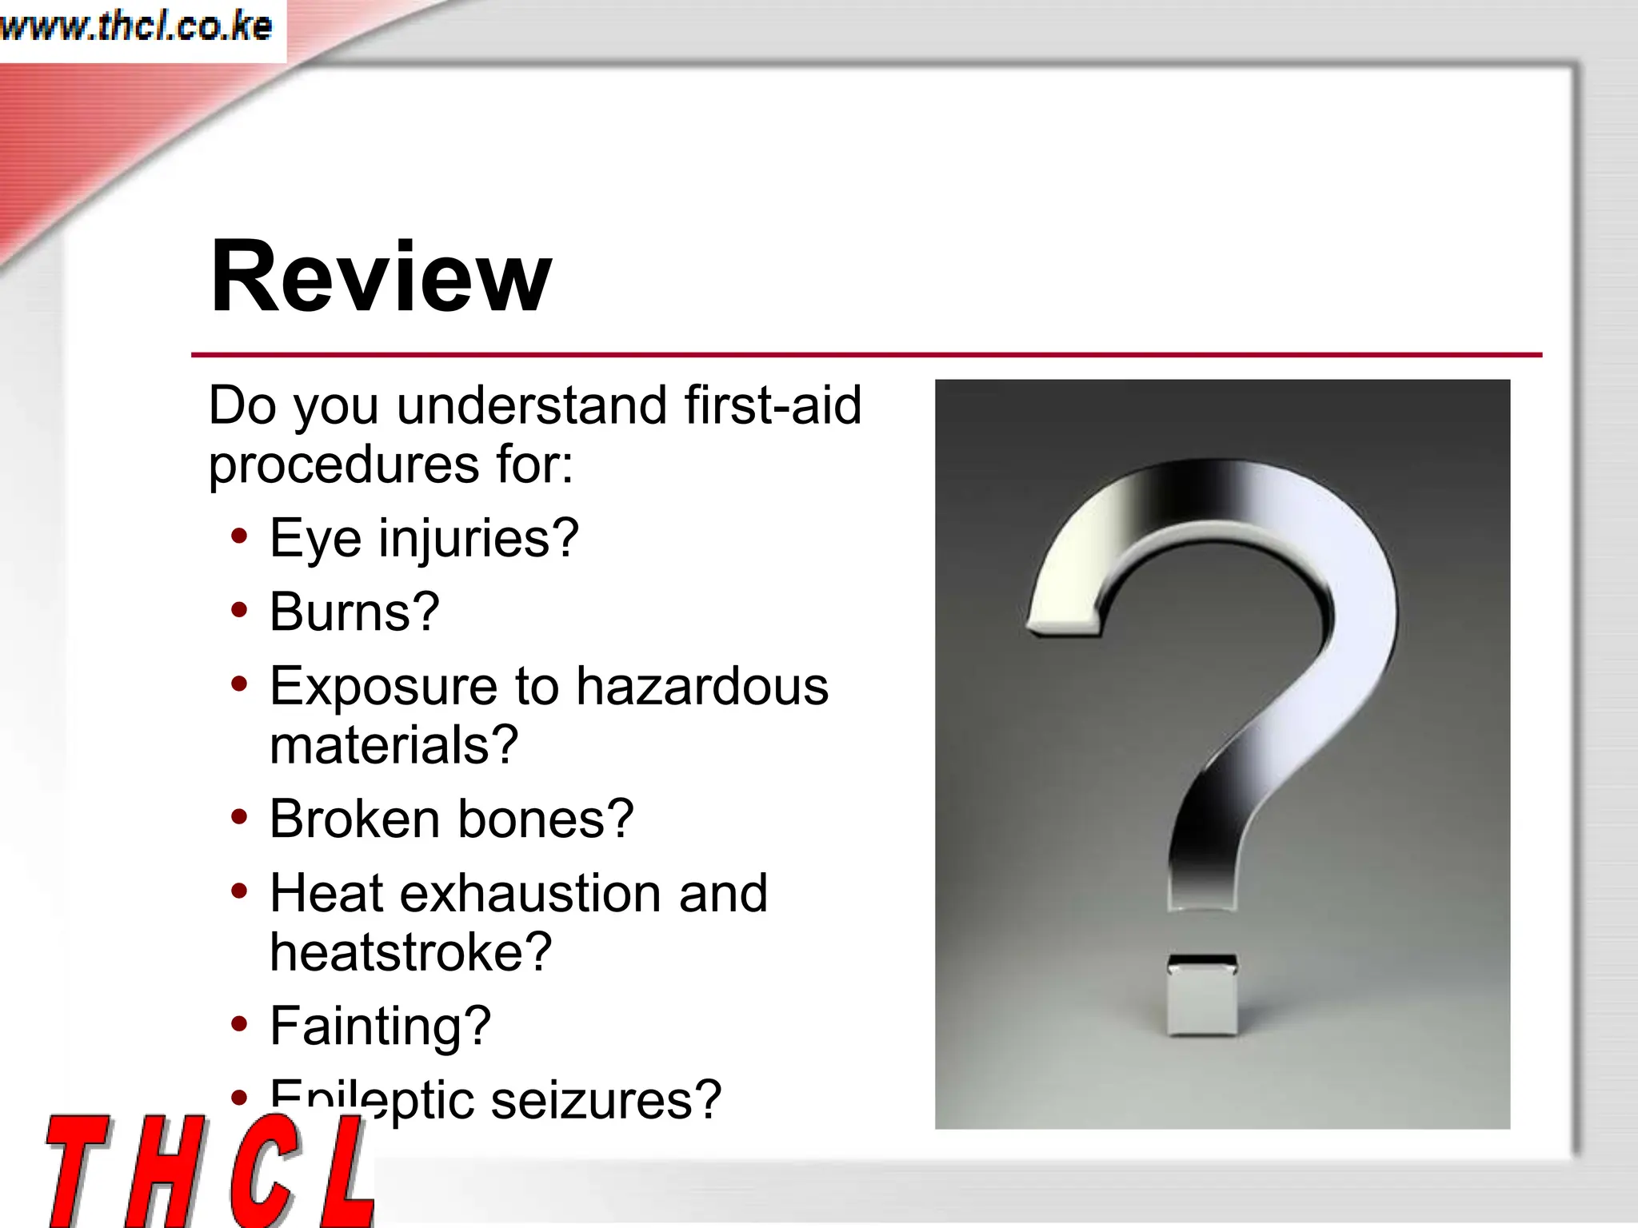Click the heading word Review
(x=381, y=277)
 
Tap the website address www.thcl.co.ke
(x=136, y=27)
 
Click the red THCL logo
(x=210, y=1170)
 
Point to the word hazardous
(x=701, y=686)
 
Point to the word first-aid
(x=773, y=405)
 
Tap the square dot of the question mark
(x=1202, y=995)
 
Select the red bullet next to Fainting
(x=239, y=1024)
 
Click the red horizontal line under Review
(x=866, y=354)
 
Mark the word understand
(x=532, y=405)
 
